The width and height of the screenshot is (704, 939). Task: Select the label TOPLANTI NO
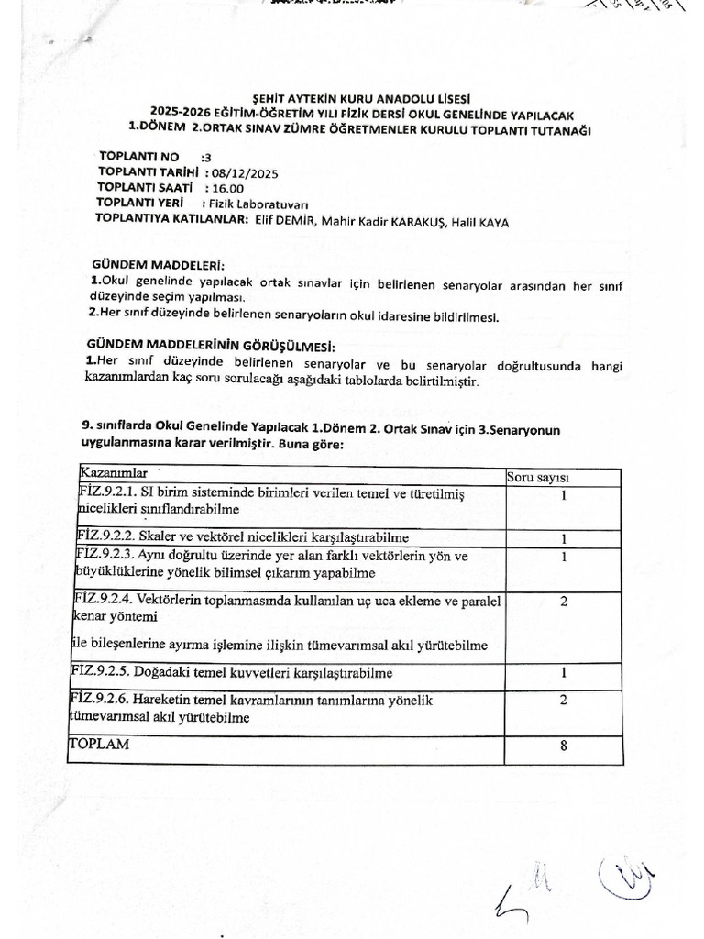(139, 156)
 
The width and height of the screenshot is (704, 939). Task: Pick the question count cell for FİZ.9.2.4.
(563, 602)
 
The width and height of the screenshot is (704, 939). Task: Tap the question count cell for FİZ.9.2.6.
(563, 700)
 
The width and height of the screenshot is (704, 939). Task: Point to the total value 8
(563, 746)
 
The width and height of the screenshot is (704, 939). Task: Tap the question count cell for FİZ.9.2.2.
(563, 538)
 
